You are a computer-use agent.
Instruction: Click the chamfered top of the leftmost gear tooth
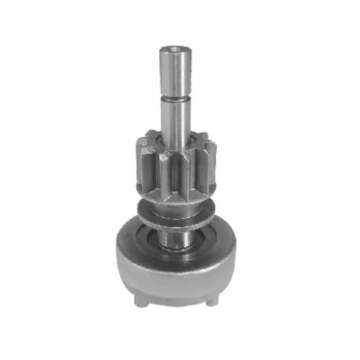[138, 141]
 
